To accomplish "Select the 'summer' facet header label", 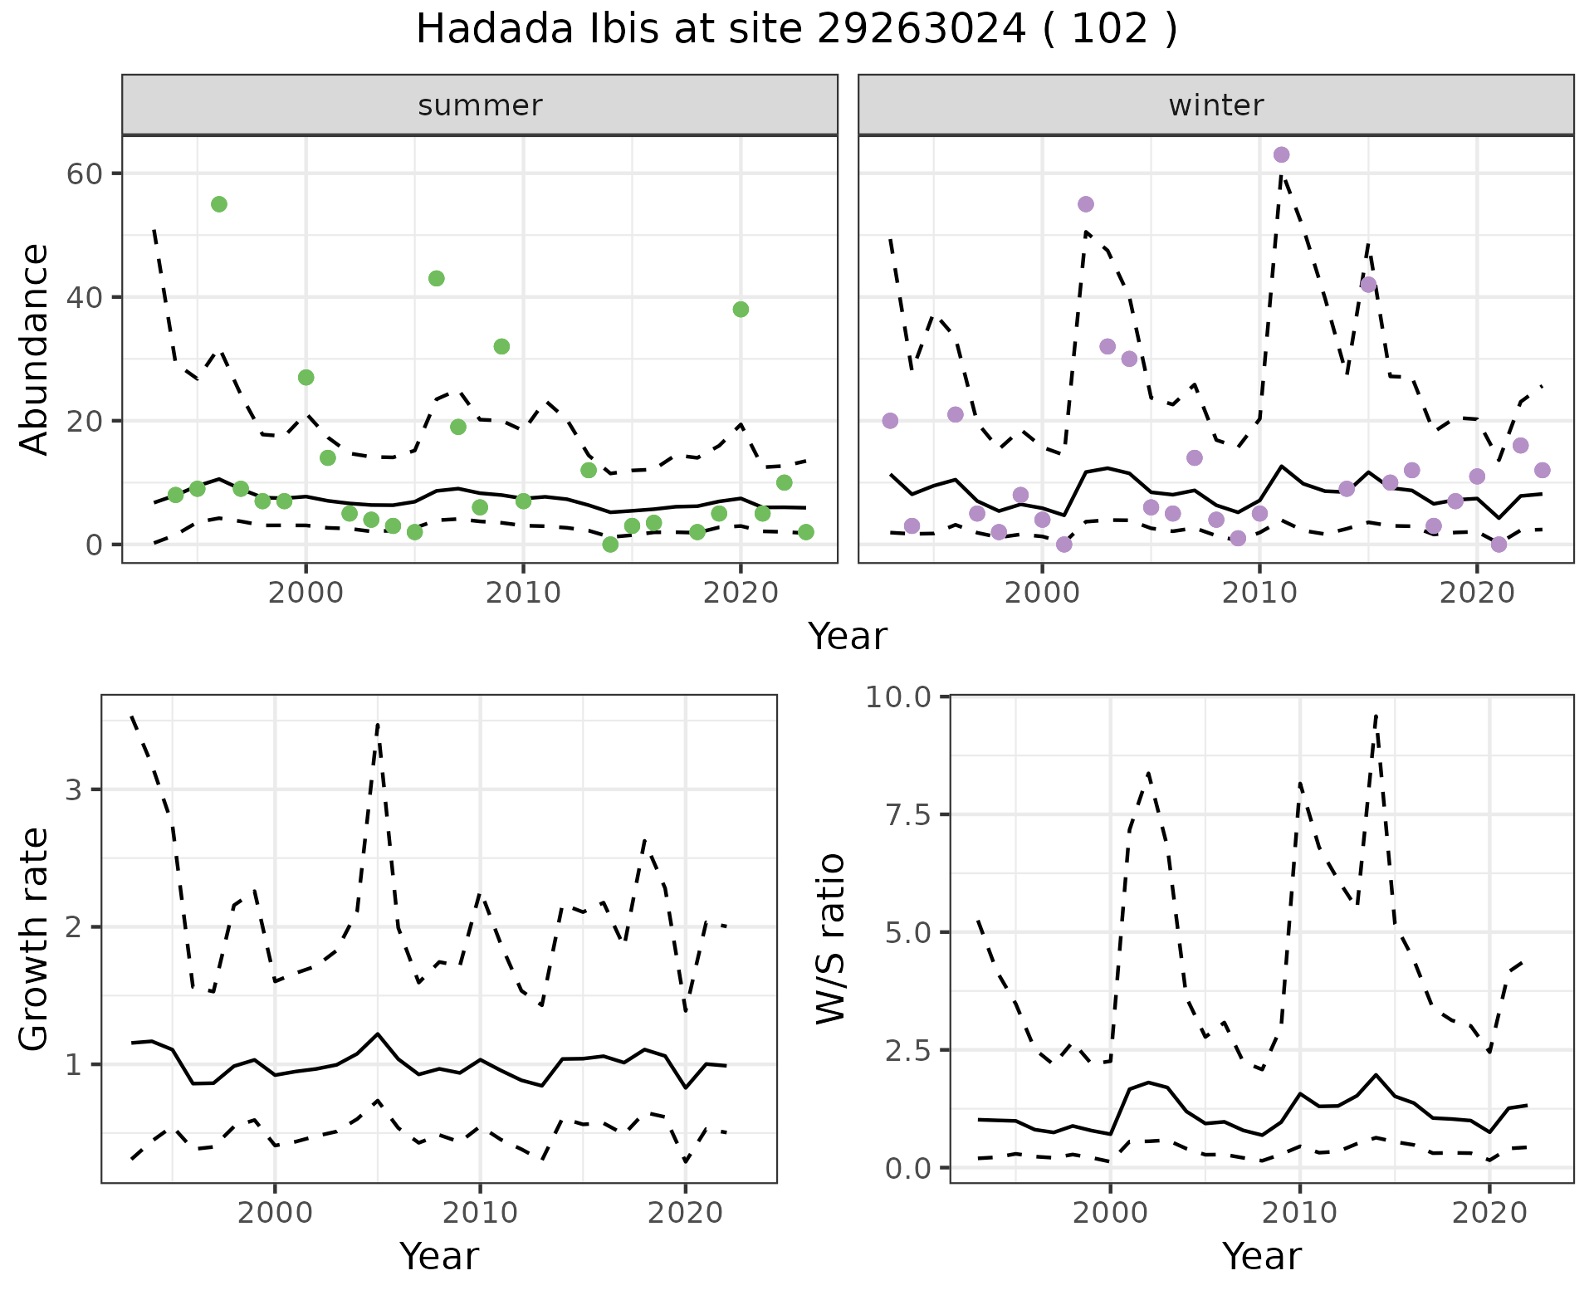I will click(x=480, y=105).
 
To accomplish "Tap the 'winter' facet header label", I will click(x=1215, y=105).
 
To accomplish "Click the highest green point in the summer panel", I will click(x=219, y=204).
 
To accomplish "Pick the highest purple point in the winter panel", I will click(x=1281, y=154).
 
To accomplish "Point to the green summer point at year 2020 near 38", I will click(x=741, y=310).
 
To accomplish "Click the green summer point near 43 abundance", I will click(x=436, y=278).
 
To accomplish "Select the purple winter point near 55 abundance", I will click(x=1085, y=204).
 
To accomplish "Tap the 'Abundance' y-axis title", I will click(x=35, y=349).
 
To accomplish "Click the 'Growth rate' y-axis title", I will click(x=35, y=940).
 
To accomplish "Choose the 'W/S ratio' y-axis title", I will click(x=830, y=938).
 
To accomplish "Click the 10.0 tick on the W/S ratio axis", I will click(x=898, y=696).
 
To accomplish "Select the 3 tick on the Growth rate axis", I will click(x=74, y=789).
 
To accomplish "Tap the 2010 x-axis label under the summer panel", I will click(x=523, y=593).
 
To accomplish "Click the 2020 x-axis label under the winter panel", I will click(x=1476, y=593).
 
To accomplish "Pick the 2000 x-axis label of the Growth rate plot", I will click(x=275, y=1213).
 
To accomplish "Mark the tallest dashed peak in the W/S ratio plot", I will click(x=1376, y=716).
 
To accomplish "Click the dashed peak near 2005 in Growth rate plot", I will click(x=378, y=725).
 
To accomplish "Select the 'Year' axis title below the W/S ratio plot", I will click(x=1261, y=1256).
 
